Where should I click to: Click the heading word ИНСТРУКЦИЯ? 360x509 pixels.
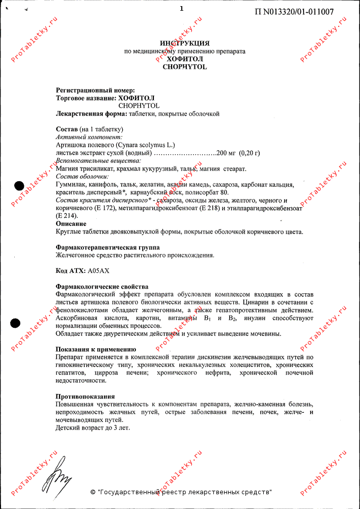184,43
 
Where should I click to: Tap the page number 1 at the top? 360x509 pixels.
181,8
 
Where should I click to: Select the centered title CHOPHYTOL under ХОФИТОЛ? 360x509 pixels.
184,67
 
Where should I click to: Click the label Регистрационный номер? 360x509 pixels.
95,90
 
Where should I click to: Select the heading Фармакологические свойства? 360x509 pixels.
102,287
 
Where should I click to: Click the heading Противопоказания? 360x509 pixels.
85,397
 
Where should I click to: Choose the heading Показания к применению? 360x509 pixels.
95,350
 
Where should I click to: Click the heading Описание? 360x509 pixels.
71,223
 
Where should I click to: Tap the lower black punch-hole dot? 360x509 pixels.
17,322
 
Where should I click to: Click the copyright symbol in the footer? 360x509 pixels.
93,492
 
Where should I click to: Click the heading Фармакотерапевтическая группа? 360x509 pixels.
107,247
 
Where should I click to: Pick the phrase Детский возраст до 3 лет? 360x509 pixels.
93,428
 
